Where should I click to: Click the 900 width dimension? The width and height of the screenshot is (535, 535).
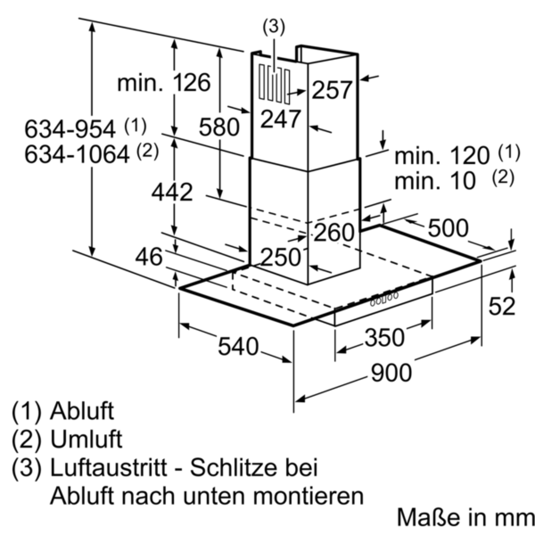[x=391, y=373]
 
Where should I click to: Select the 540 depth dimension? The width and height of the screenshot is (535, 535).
[x=239, y=346]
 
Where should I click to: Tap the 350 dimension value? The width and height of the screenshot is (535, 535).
[x=385, y=337]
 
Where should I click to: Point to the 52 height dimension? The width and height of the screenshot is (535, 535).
[x=502, y=306]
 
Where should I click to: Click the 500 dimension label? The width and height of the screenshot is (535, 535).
[x=448, y=228]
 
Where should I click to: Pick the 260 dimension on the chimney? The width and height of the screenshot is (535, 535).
[x=334, y=232]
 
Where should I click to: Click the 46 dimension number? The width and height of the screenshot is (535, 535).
[x=149, y=257]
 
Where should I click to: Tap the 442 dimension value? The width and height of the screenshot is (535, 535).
[x=172, y=192]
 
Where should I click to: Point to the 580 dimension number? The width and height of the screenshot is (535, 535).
[x=219, y=128]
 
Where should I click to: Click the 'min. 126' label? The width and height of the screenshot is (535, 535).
[x=163, y=83]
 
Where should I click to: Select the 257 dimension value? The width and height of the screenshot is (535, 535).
[x=332, y=90]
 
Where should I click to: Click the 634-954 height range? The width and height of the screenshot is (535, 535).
[x=70, y=130]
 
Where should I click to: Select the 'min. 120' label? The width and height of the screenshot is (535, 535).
[x=442, y=156]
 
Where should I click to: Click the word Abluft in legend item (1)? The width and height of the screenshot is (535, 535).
[x=82, y=411]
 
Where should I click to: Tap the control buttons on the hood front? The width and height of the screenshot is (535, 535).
[x=383, y=299]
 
